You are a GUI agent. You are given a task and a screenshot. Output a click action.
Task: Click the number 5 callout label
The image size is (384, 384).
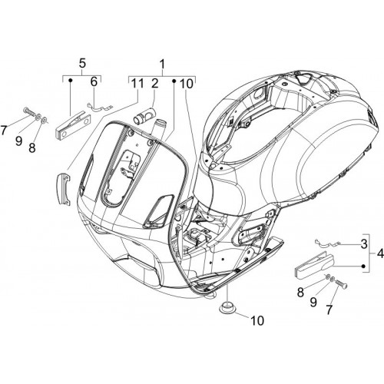[82, 64]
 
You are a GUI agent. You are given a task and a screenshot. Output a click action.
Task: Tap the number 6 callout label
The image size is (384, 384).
[94, 82]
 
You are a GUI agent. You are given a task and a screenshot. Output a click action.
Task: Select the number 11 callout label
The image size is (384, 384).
[137, 84]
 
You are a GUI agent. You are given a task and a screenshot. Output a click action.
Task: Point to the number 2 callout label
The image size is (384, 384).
[155, 84]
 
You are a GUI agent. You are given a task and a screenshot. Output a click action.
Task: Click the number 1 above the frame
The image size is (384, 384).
[163, 65]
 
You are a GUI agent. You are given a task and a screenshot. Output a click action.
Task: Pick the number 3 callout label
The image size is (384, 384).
[363, 244]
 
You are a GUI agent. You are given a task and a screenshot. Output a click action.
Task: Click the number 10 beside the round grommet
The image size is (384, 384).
[257, 320]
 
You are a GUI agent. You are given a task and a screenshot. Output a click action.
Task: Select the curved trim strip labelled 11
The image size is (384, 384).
[63, 189]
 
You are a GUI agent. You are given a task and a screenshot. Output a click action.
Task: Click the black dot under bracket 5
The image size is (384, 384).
[71, 81]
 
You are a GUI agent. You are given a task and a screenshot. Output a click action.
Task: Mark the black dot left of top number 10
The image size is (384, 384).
[174, 81]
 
